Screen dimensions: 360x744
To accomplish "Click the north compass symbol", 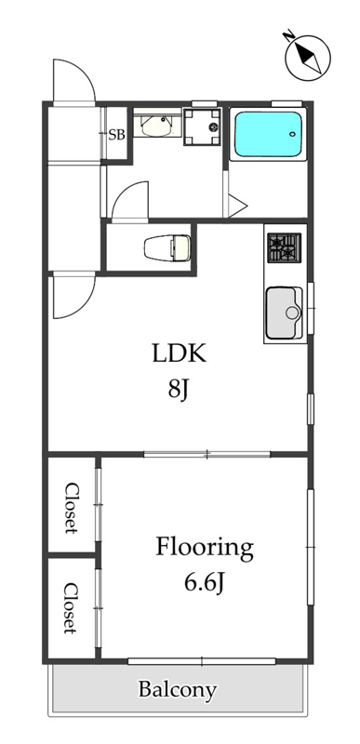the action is point(307,57).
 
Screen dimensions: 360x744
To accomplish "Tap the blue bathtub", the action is point(269,134).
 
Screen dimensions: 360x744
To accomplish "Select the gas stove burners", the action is point(284,247).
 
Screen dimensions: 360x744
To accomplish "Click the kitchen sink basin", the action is point(284,312).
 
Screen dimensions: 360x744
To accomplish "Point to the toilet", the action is point(167,247).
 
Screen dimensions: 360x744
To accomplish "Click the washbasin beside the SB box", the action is point(156,126).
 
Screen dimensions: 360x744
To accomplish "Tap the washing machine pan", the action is point(203,126).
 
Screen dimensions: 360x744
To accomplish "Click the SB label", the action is point(116,135).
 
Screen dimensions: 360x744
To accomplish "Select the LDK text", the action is point(179,353).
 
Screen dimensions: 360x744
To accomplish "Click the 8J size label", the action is point(180,391).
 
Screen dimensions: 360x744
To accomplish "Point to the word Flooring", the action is point(205,549).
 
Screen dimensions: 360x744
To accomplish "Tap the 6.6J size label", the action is point(204,583).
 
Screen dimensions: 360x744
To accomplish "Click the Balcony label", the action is point(178,690).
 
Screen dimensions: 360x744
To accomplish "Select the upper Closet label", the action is point(71,508).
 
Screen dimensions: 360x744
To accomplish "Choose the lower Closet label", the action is point(70,608).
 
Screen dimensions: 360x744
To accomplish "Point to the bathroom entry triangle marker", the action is point(237,206).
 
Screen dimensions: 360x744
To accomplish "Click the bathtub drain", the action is point(293,133).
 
